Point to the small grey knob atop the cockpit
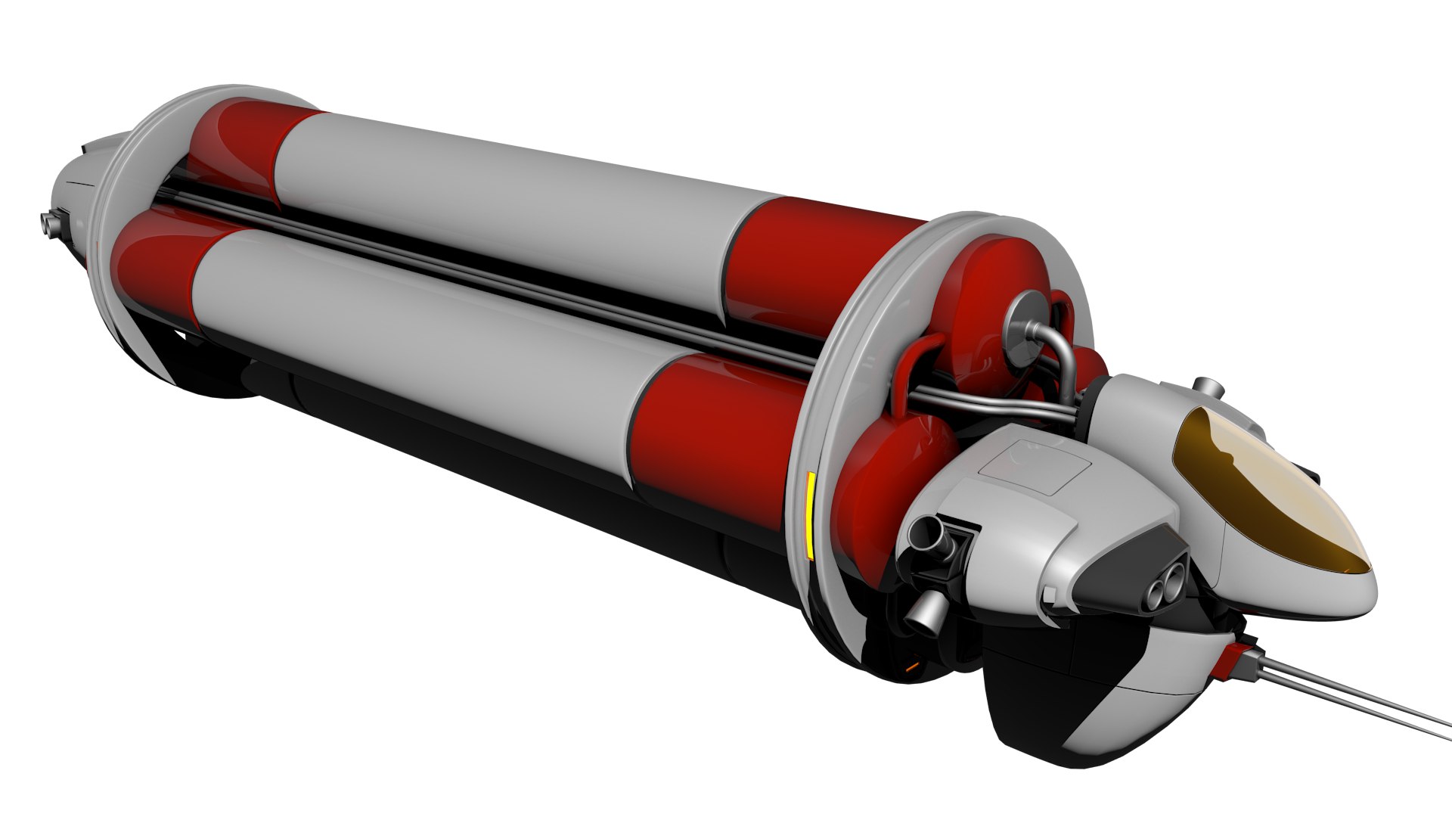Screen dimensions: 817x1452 point(1207,389)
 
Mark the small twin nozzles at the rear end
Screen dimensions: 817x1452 point(48,222)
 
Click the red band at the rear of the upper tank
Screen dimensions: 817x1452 point(242,151)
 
